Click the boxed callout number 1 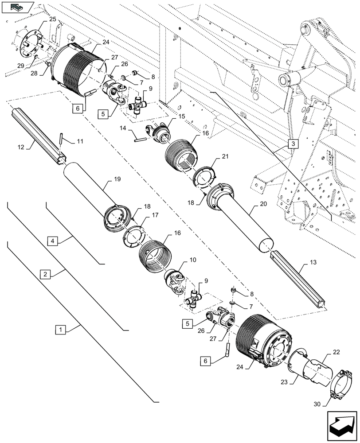coord(60,330)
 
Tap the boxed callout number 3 coord(293,144)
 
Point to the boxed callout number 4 coord(52,241)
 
